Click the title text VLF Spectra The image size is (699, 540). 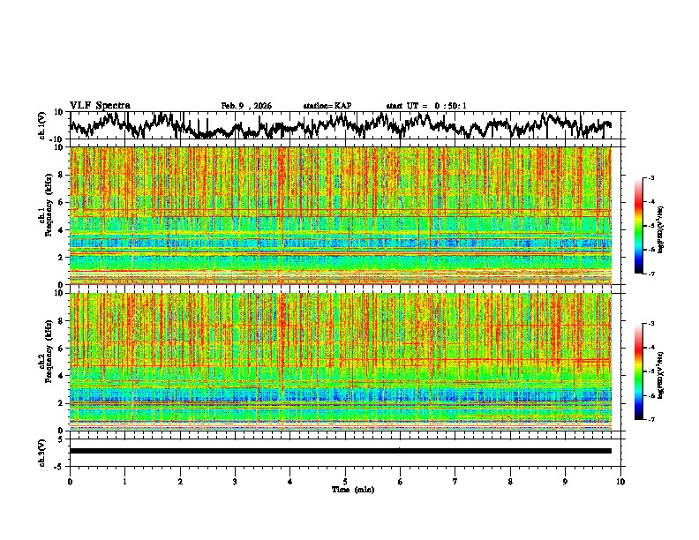[x=100, y=105]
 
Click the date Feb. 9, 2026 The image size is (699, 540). [x=246, y=106]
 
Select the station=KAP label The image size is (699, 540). [x=327, y=106]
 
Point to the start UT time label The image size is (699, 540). [x=426, y=106]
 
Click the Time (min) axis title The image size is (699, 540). [x=352, y=489]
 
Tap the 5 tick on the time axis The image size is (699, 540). [x=345, y=482]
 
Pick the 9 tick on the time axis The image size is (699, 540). [x=566, y=482]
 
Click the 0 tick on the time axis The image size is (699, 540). [x=70, y=482]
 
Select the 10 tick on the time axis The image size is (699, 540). [x=620, y=482]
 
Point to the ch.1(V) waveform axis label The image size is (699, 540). [x=43, y=125]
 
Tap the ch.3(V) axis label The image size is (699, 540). [x=43, y=451]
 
